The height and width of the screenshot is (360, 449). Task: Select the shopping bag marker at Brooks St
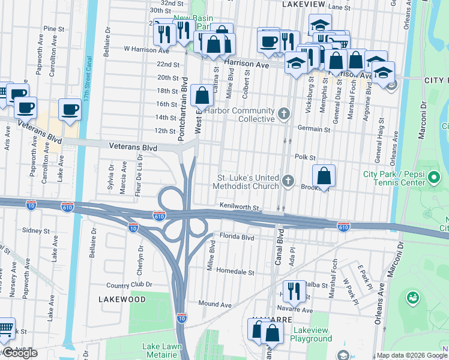pyautogui.click(x=324, y=176)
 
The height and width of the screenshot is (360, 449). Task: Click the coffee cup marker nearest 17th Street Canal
pyautogui.click(x=70, y=110)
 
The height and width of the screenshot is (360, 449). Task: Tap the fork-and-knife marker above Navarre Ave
pyautogui.click(x=292, y=292)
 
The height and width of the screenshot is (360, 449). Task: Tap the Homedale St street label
pyautogui.click(x=235, y=272)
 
